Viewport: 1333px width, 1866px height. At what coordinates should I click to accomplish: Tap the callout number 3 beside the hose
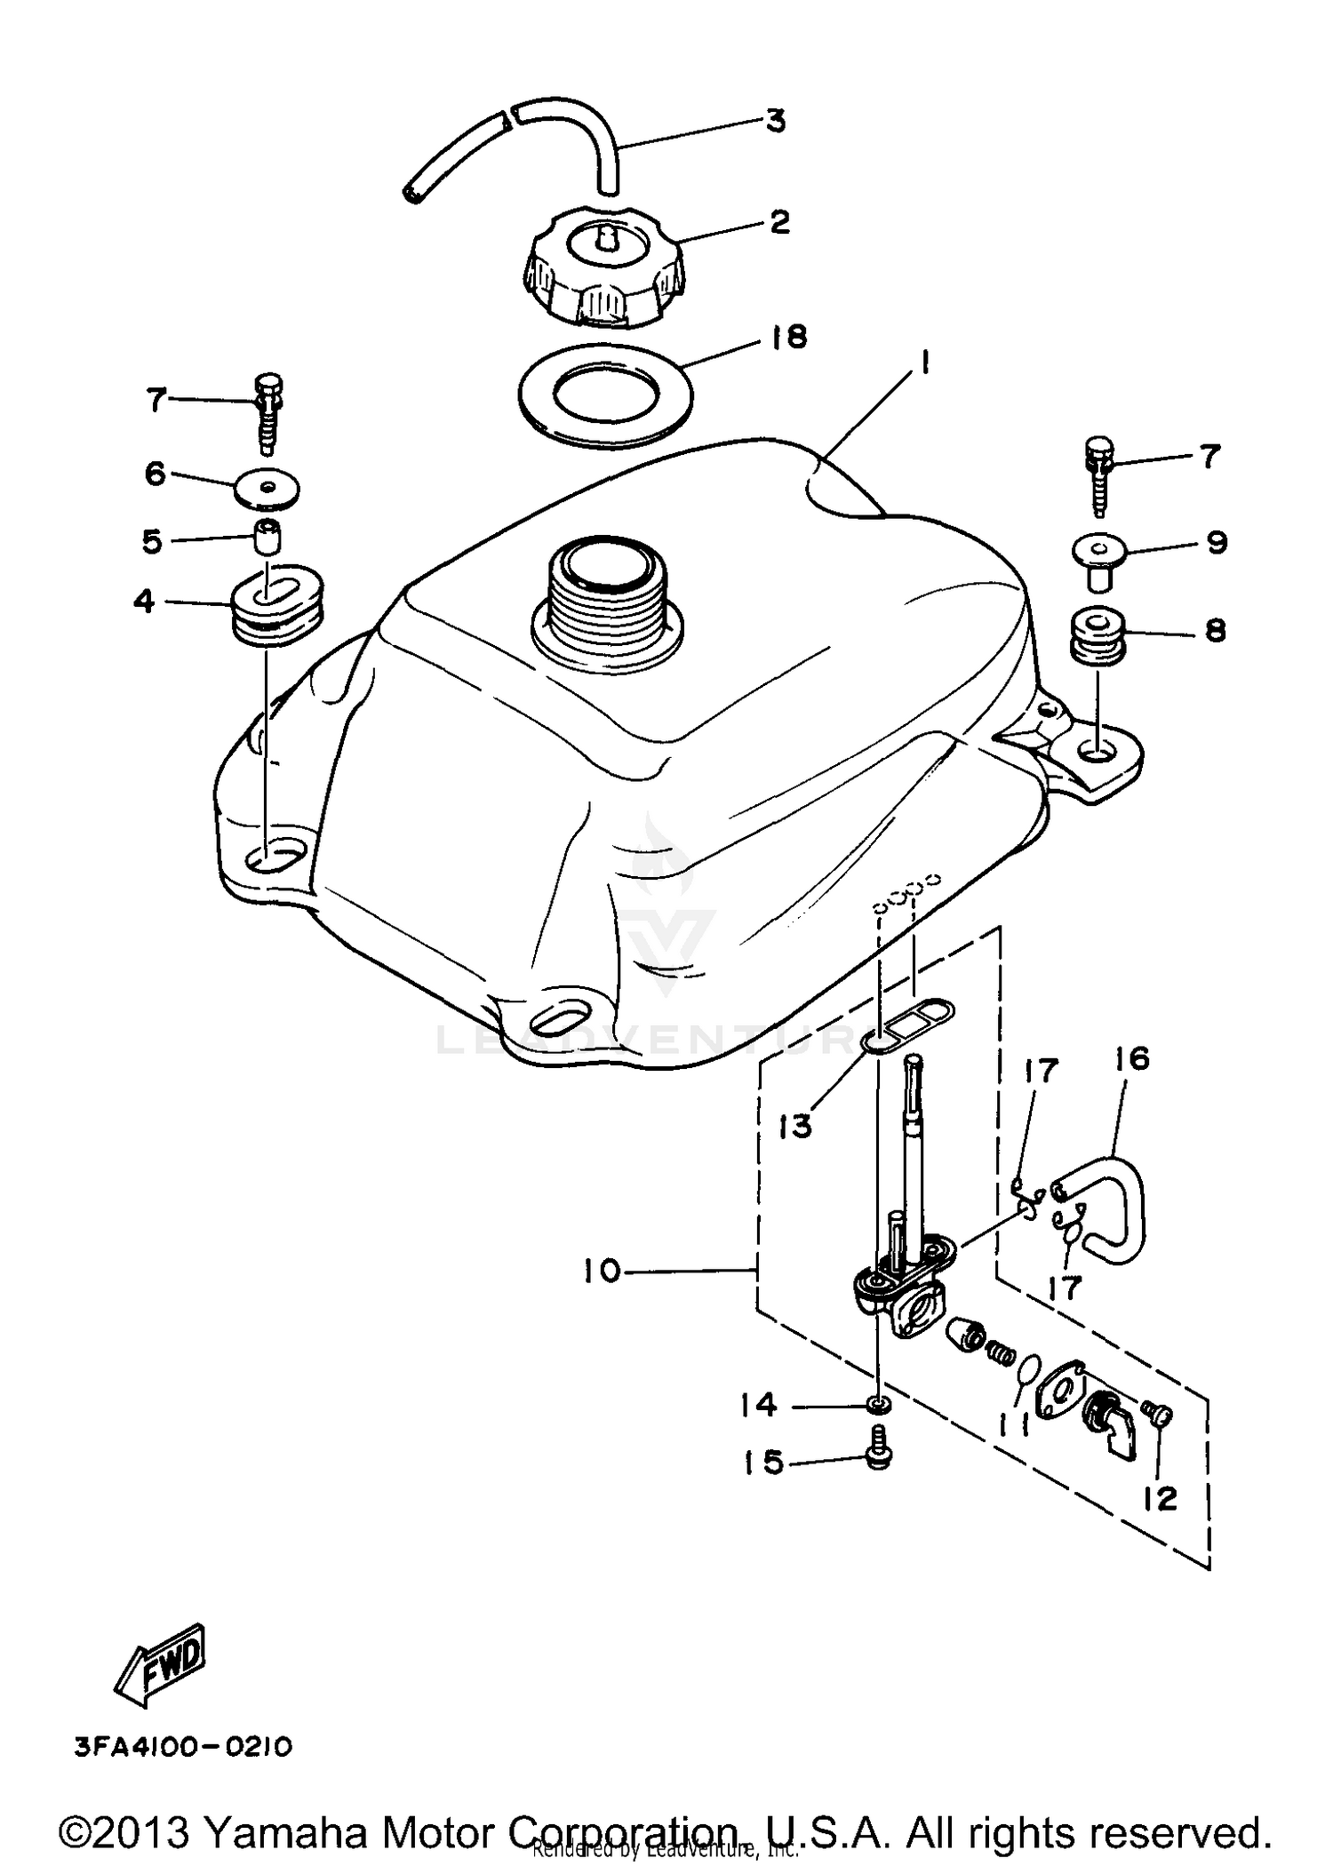coord(776,121)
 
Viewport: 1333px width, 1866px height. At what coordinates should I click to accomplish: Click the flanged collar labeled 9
coord(1098,556)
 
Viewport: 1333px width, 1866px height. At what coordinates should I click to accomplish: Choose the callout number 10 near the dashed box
coord(602,1272)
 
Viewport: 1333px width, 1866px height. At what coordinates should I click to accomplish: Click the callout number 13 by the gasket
coord(795,1126)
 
